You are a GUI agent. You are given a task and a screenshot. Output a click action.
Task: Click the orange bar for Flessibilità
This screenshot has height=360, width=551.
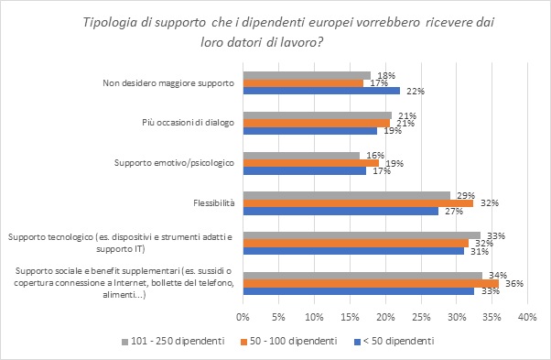[357, 202]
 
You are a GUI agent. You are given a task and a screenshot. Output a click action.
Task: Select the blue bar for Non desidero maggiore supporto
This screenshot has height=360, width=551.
[320, 91]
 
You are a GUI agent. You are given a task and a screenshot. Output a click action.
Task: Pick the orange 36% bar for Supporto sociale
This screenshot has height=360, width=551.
[370, 284]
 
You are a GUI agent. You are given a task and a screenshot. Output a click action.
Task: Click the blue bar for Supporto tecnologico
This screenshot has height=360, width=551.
[352, 251]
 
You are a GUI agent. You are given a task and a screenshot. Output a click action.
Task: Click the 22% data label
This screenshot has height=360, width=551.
[412, 91]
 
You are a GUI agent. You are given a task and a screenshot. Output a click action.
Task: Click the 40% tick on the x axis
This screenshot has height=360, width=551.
[526, 317]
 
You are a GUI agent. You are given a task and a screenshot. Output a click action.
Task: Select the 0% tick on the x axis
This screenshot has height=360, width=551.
[243, 317]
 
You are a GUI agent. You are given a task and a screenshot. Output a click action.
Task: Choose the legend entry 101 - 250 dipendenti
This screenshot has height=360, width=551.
[169, 341]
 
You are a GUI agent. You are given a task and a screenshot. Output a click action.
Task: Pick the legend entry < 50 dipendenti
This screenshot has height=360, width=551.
[401, 341]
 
